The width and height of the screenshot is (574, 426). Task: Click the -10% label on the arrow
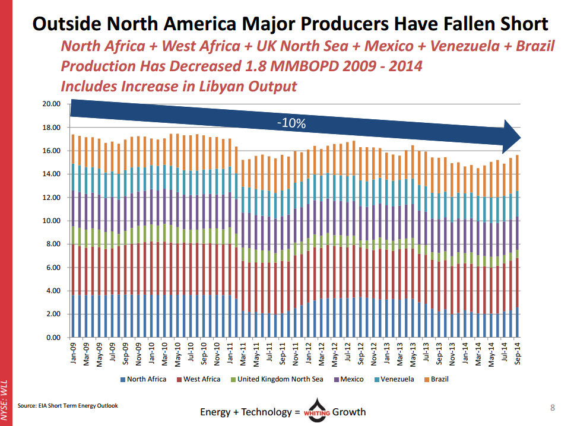point(291,123)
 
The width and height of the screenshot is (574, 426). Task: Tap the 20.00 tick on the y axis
point(53,104)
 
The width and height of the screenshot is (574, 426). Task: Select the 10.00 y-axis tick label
point(53,221)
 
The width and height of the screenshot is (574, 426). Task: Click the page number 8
point(553,407)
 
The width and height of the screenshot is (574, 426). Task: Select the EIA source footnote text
point(67,406)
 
